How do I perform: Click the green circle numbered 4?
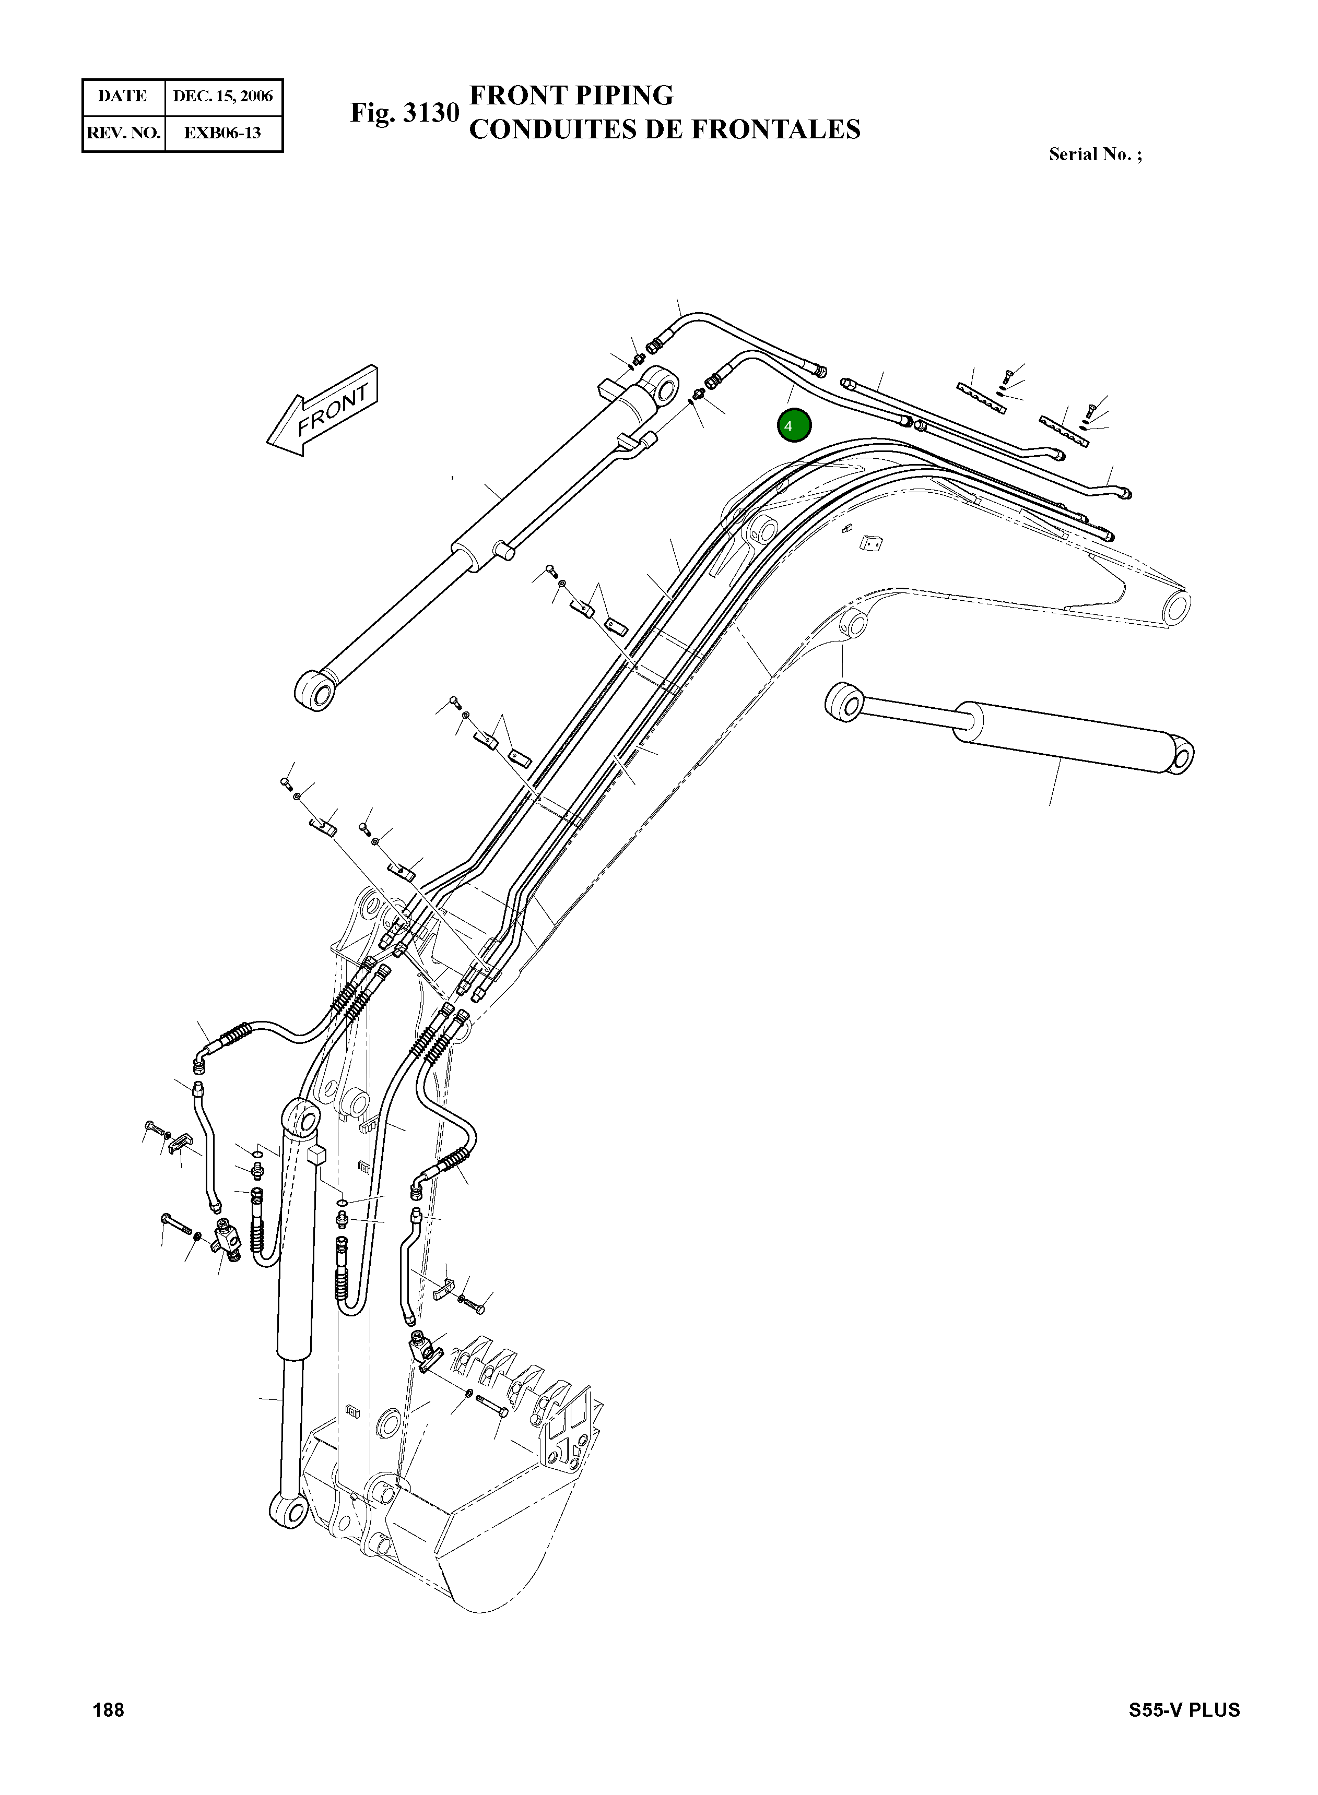tap(794, 426)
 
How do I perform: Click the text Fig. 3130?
tap(405, 113)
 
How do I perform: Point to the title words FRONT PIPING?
tap(571, 96)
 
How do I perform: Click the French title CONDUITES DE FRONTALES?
tap(665, 129)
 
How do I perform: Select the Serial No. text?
tap(1095, 154)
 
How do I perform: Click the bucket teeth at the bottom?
tap(523, 1384)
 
